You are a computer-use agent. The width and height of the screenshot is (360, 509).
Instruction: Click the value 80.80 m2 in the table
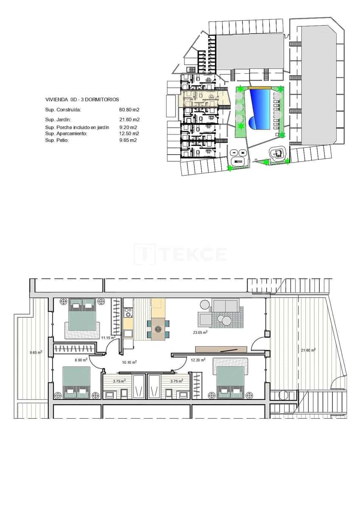point(129,110)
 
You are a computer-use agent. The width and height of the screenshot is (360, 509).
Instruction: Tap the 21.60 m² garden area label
point(308,350)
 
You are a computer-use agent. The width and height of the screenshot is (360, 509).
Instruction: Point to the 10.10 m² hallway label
point(129,362)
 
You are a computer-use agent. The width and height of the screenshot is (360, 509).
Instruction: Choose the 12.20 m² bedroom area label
point(198,360)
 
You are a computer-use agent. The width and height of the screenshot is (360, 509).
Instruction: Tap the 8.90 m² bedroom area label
point(81,360)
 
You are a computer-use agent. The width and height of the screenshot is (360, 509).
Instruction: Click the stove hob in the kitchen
point(128,313)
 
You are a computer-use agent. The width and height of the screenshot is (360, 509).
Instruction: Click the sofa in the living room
point(225,305)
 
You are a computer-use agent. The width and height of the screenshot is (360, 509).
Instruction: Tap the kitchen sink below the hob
point(128,333)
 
